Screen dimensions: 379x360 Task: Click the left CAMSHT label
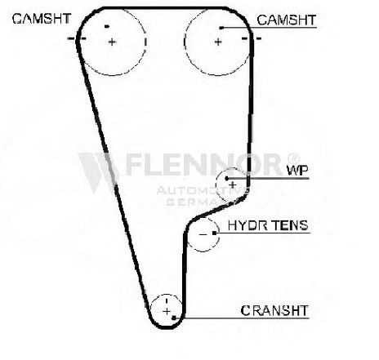tap(42, 19)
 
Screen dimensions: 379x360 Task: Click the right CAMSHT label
tap(287, 20)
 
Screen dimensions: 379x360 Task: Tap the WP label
tap(297, 170)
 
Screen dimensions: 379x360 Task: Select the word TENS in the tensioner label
tap(290, 225)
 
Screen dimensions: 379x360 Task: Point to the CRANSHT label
tap(274, 310)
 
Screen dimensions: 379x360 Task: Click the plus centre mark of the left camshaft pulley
tap(112, 42)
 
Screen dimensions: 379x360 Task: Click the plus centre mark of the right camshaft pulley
tap(218, 42)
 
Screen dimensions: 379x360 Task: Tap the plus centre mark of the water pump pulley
tap(233, 185)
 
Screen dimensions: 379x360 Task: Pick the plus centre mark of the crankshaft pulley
tap(167, 311)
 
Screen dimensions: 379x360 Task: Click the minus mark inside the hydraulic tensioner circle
tap(203, 234)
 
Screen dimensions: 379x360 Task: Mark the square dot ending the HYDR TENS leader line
tap(214, 233)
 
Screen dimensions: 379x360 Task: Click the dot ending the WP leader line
tap(226, 178)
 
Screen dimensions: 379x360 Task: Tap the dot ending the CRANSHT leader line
tap(174, 318)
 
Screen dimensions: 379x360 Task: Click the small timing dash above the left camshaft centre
tap(107, 26)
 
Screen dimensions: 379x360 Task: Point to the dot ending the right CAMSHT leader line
tap(221, 28)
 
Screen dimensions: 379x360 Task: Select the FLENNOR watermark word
tap(203, 164)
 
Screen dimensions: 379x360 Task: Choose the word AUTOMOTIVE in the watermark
tap(203, 190)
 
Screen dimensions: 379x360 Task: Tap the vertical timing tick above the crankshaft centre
tap(167, 301)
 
